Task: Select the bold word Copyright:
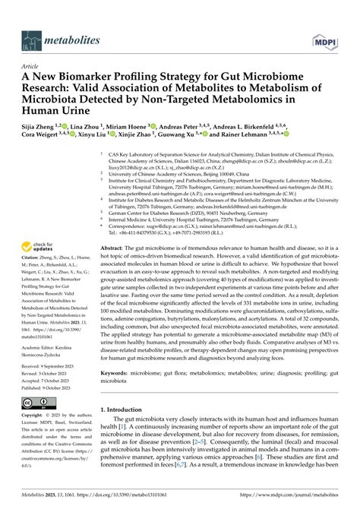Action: (x=36, y=416)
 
